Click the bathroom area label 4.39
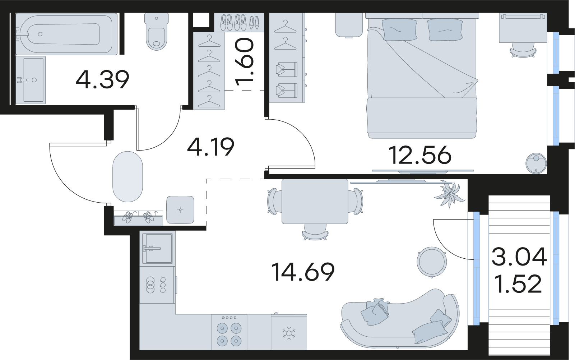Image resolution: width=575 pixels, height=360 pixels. [102, 79]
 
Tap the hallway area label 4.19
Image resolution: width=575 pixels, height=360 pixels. [210, 147]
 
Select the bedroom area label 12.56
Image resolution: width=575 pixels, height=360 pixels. [420, 155]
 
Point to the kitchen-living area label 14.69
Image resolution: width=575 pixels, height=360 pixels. [303, 271]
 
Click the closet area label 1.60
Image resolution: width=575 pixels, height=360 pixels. [245, 63]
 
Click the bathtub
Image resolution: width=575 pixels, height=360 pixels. [66, 34]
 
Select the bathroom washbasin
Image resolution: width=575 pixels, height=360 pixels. [31, 80]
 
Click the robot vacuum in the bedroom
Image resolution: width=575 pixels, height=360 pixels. [536, 163]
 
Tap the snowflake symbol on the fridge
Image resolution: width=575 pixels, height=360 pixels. [289, 333]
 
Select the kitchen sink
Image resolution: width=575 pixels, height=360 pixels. [157, 249]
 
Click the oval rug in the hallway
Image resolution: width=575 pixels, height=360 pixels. [127, 177]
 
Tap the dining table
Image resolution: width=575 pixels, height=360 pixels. [315, 201]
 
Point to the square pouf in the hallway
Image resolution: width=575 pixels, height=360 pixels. [180, 209]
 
